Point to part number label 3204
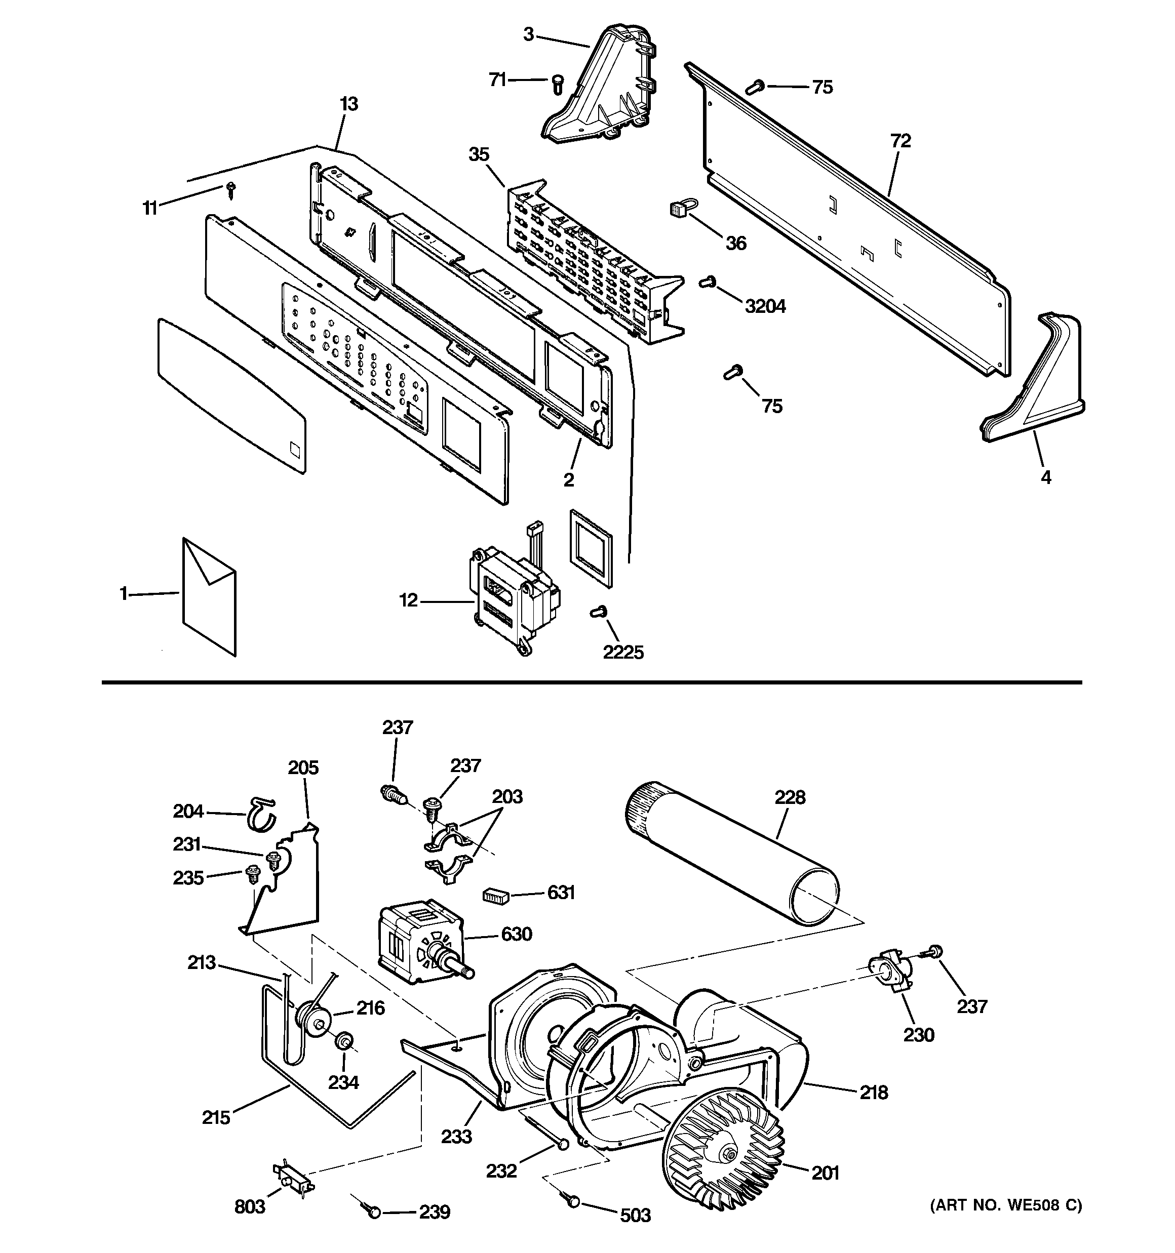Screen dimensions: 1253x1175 coord(765,306)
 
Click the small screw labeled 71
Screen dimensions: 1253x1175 coord(557,83)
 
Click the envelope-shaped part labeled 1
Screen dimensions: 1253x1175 coord(209,595)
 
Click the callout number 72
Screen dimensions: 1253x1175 coord(900,141)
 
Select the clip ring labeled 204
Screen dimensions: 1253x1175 coord(260,814)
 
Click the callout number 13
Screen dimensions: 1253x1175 coord(349,104)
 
